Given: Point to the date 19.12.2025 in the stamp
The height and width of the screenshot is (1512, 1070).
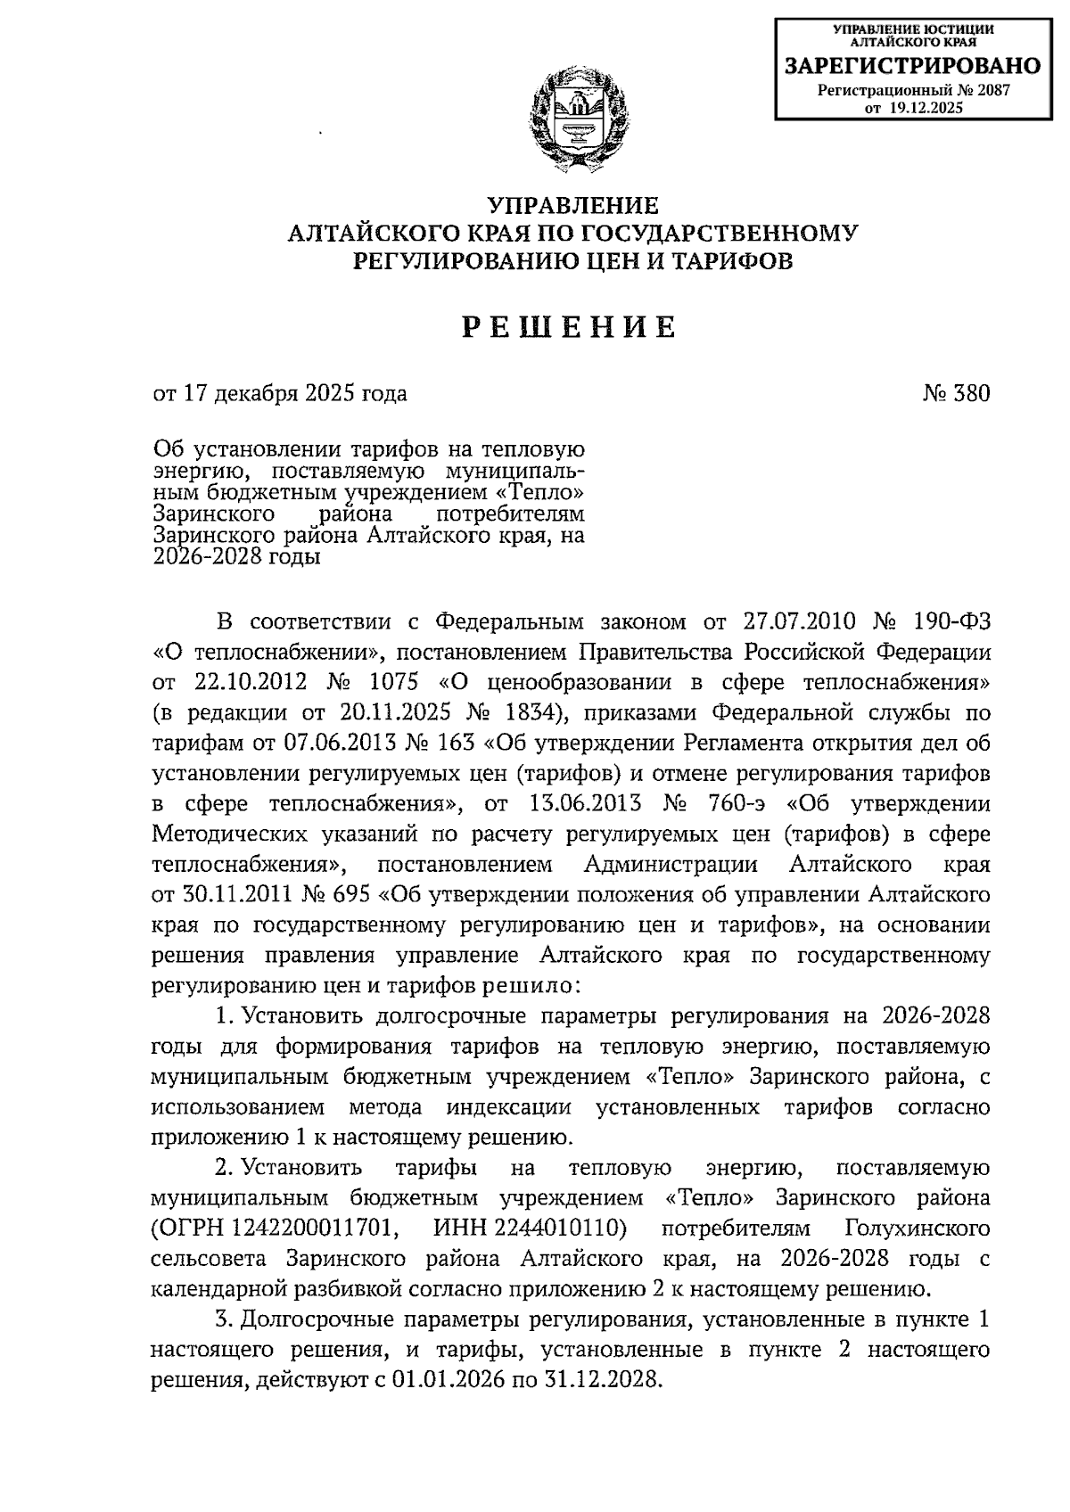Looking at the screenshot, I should [925, 108].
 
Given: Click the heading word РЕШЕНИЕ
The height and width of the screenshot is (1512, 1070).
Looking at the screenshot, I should [571, 327].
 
